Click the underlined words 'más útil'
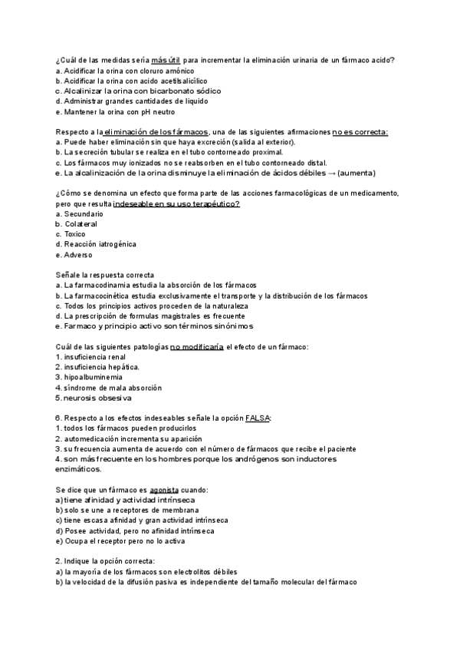tap(166, 60)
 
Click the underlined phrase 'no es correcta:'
tap(339, 132)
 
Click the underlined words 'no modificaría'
tap(197, 347)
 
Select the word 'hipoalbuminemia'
tap(94, 378)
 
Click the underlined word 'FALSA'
tap(258, 418)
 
